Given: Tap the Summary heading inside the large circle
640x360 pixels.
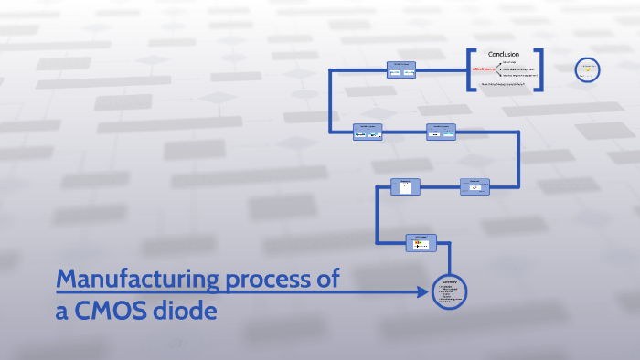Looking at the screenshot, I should (450, 281).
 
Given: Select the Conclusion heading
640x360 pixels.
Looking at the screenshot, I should (504, 53).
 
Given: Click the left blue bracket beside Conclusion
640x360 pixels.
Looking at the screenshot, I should (470, 69).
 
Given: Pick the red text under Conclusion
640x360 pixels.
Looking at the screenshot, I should (482, 69).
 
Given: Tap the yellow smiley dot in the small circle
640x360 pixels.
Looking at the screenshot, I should (586, 68).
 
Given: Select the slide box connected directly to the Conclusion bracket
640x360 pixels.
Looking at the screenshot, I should (400, 69).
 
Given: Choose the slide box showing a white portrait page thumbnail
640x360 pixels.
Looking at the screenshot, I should (403, 186).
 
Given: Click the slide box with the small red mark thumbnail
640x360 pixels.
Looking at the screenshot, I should (475, 186).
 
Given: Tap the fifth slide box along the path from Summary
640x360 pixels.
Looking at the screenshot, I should (368, 132).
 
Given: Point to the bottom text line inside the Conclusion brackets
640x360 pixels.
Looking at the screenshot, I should (503, 84).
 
